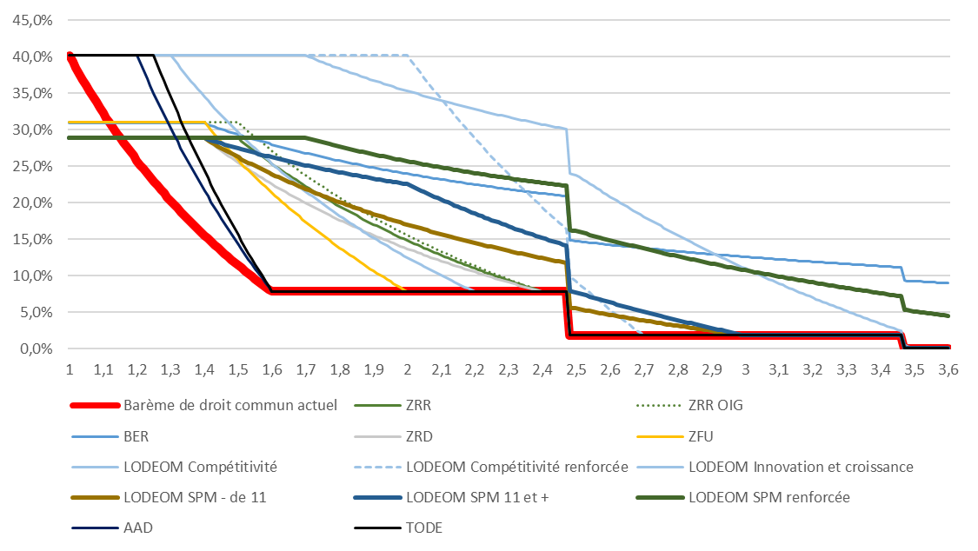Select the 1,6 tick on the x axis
(x=272, y=369)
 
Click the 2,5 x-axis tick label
(x=576, y=369)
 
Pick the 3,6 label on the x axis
(x=948, y=369)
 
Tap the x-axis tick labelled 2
(x=408, y=369)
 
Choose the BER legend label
(x=137, y=435)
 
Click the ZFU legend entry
(x=702, y=435)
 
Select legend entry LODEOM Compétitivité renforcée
(x=516, y=467)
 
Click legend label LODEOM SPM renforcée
(x=768, y=498)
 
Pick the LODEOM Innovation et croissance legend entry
(x=800, y=467)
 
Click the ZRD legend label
(x=420, y=435)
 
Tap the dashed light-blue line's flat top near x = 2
(x=383, y=56)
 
